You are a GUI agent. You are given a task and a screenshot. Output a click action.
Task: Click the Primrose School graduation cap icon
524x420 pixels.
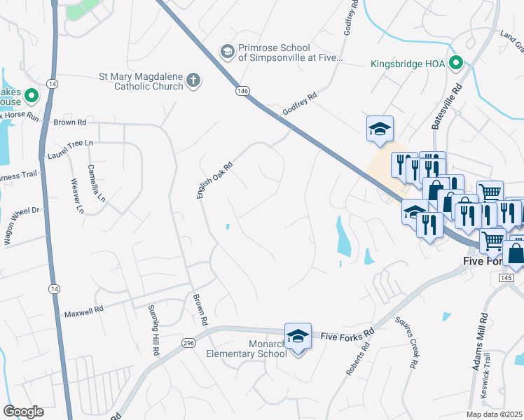pos(227,51)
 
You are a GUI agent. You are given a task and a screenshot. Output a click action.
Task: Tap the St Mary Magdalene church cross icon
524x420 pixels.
pos(193,82)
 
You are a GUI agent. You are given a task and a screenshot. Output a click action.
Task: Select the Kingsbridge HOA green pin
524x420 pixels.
pos(456,64)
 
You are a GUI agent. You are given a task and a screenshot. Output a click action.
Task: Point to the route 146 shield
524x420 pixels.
pos(242,91)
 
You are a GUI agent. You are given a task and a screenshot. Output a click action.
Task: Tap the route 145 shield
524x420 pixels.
pos(506,278)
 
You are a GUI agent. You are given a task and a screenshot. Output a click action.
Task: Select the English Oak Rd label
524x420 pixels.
pos(214,177)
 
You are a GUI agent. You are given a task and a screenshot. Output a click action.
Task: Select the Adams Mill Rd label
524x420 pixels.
pos(479,341)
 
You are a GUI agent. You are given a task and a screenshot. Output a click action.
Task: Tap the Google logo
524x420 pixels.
pos(23,412)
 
